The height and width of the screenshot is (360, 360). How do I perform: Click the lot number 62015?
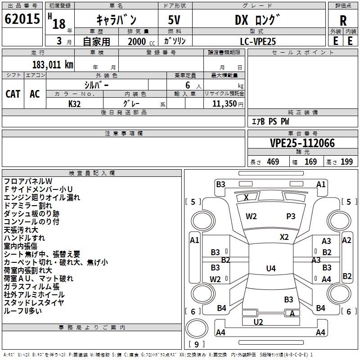click(22, 19)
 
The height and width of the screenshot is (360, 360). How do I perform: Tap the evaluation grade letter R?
click(343, 21)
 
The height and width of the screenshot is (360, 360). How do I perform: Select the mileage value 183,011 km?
click(53, 65)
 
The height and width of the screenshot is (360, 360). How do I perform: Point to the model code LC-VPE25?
click(258, 41)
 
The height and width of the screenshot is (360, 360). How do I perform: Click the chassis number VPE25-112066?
click(302, 143)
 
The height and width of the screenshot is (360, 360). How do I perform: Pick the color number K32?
click(74, 104)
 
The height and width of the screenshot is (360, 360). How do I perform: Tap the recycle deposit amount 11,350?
click(224, 103)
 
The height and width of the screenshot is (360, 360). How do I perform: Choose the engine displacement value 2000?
click(137, 41)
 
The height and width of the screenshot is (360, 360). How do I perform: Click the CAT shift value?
click(13, 94)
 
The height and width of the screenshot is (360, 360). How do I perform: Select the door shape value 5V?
click(174, 20)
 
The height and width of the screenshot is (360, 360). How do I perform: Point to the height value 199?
click(346, 162)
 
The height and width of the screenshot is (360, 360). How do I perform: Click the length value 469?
click(273, 162)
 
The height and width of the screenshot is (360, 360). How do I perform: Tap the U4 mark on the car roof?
click(271, 268)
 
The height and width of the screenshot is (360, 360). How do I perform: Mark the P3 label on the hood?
click(291, 216)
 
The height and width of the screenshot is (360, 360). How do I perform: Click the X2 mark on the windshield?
click(284, 237)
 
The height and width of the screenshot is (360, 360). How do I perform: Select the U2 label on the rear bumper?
click(258, 322)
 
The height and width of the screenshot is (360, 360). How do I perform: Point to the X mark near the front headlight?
click(246, 198)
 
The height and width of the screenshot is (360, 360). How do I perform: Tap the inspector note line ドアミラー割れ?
click(28, 206)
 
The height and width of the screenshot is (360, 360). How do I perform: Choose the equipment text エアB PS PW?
click(271, 121)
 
